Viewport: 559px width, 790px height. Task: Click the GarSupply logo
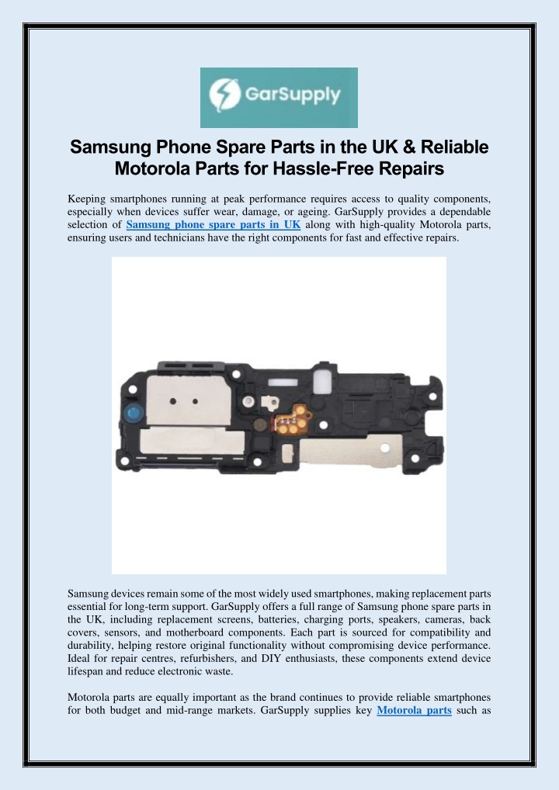click(x=279, y=98)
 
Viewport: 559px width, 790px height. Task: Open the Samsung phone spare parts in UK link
click(x=213, y=225)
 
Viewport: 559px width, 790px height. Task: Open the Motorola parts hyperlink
click(x=414, y=730)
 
